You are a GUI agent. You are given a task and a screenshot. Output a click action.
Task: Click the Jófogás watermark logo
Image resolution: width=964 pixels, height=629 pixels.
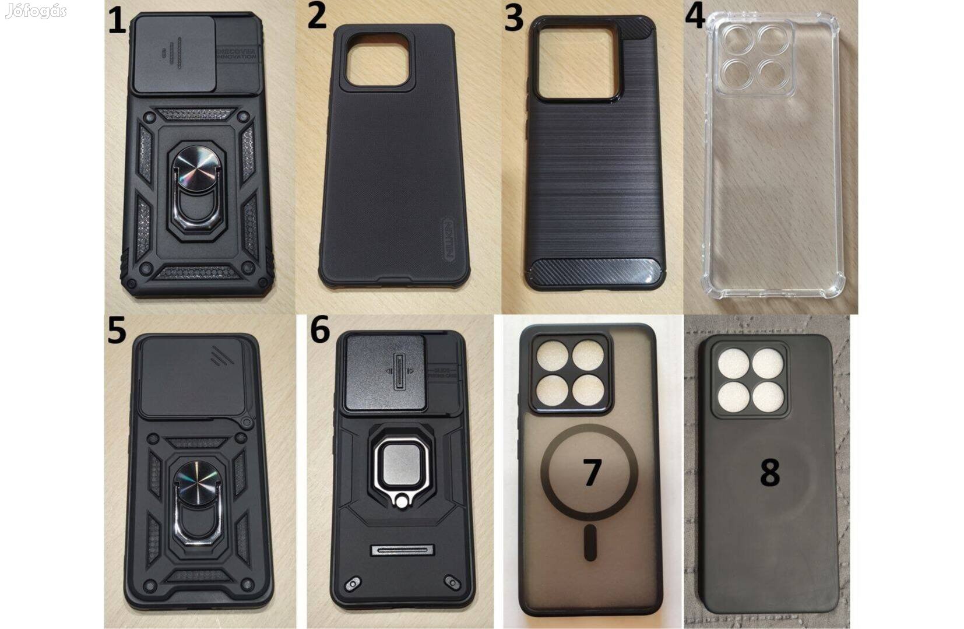pos(36,10)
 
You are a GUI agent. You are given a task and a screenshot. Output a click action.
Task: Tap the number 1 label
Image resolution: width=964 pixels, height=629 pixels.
pos(117,23)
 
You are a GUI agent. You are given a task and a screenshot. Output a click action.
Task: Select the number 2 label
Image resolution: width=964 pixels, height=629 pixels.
pos(316,16)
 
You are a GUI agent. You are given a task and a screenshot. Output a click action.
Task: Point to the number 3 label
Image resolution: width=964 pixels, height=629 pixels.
pos(513,18)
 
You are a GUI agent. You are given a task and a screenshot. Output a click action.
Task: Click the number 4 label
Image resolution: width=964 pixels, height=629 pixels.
pos(695,16)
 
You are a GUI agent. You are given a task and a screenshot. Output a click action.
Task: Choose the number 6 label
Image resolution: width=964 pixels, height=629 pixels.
pos(320,330)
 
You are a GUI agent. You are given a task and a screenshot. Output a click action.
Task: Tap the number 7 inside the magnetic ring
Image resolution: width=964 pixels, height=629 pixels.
pos(592,472)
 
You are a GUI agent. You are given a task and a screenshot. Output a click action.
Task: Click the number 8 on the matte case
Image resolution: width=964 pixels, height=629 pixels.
pos(769,472)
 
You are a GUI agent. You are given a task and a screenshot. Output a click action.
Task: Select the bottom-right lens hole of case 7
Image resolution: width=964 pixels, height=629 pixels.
pos(588,390)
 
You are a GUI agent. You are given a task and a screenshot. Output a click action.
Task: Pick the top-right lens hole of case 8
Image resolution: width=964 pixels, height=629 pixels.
pos(767,365)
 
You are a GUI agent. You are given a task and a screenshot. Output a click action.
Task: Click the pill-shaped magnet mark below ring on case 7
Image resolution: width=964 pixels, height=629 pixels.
pos(591,542)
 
